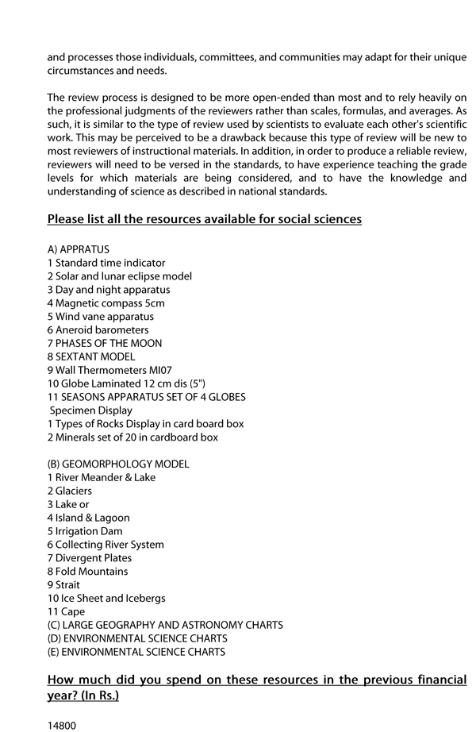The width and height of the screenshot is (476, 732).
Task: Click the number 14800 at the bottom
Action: (x=62, y=725)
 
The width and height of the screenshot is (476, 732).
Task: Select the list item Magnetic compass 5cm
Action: (x=106, y=303)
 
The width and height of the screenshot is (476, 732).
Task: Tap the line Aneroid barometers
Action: (x=98, y=330)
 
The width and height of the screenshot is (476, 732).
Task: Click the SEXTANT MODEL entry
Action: (x=91, y=357)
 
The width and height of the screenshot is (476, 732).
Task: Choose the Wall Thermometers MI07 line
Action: (x=109, y=370)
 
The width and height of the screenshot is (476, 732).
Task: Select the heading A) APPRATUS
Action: (x=79, y=249)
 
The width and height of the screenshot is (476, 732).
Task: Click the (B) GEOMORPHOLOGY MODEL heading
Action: (x=118, y=464)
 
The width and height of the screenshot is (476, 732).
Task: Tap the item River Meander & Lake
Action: (x=102, y=478)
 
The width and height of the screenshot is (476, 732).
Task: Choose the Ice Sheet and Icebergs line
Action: (x=106, y=599)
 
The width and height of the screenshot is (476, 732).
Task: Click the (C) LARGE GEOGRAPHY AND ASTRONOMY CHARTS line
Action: (x=165, y=626)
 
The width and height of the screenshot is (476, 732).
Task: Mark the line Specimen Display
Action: (x=90, y=410)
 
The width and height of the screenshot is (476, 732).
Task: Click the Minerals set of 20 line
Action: (x=132, y=437)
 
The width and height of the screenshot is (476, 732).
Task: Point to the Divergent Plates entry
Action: (x=89, y=558)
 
